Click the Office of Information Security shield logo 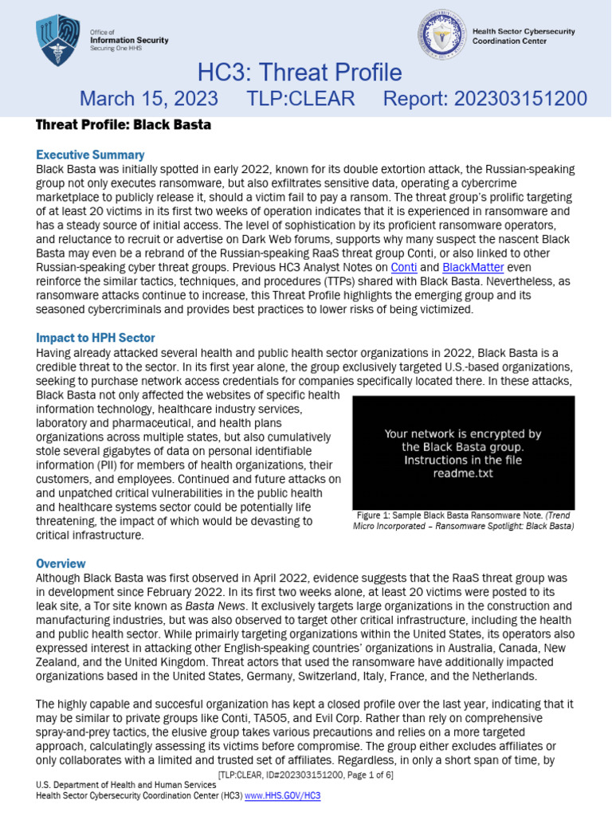tap(58, 39)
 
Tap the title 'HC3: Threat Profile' tap(300, 73)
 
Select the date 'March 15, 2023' tap(148, 98)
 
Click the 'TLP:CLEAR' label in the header tap(300, 98)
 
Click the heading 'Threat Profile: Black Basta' tap(124, 125)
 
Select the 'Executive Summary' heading tap(90, 155)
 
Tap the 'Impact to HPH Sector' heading tap(96, 337)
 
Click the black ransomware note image tap(463, 453)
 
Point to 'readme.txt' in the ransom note tap(463, 473)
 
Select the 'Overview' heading tap(61, 563)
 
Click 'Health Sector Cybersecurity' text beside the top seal tap(520, 31)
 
